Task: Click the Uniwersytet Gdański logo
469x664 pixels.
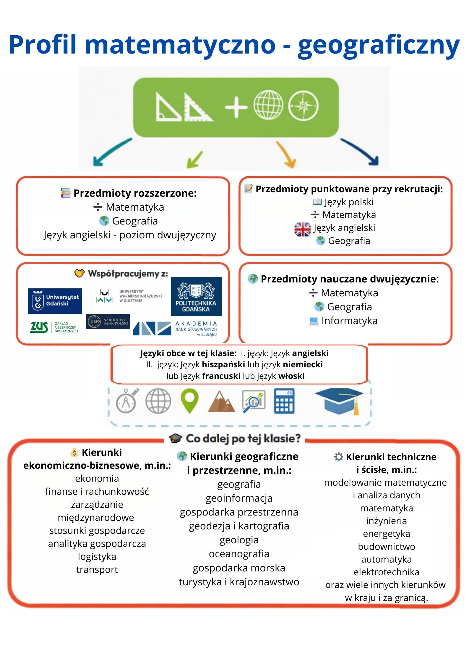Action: tap(55, 301)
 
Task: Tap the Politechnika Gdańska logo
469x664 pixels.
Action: tap(196, 296)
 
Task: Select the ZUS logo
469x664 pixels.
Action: tap(54, 327)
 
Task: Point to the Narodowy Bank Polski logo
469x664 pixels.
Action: tap(108, 322)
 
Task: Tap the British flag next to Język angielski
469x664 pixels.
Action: tap(302, 229)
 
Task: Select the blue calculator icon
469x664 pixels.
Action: tap(284, 401)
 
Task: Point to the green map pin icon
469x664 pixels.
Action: tap(189, 400)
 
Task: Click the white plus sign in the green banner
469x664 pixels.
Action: tap(236, 106)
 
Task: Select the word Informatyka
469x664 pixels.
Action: tap(349, 321)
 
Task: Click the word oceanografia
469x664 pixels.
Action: tap(239, 554)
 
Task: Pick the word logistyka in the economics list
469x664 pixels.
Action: tap(97, 557)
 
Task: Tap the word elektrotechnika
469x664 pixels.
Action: tap(386, 572)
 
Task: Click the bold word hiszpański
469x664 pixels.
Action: tap(223, 364)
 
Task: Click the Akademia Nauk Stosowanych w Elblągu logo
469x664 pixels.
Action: tap(175, 328)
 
